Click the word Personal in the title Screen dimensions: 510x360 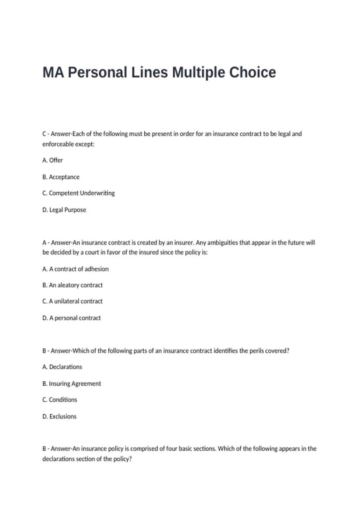pos(97,73)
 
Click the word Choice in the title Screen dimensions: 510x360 pos(252,73)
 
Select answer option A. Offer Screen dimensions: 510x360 pos(52,160)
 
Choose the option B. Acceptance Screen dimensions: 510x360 pos(61,177)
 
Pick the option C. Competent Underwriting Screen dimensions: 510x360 pos(79,193)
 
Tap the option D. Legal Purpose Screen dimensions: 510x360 pos(64,210)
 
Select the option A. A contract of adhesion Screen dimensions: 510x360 pos(76,269)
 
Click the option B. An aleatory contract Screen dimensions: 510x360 pos(73,285)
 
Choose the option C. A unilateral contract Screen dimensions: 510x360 pos(73,301)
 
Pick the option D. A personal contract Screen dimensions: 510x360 pos(72,318)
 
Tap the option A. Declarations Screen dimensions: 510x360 pos(62,367)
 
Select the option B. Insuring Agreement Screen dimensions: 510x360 pos(72,384)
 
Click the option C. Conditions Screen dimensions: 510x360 pos(60,400)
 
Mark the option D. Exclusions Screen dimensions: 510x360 pos(59,416)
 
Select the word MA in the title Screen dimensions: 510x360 pos(53,73)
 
